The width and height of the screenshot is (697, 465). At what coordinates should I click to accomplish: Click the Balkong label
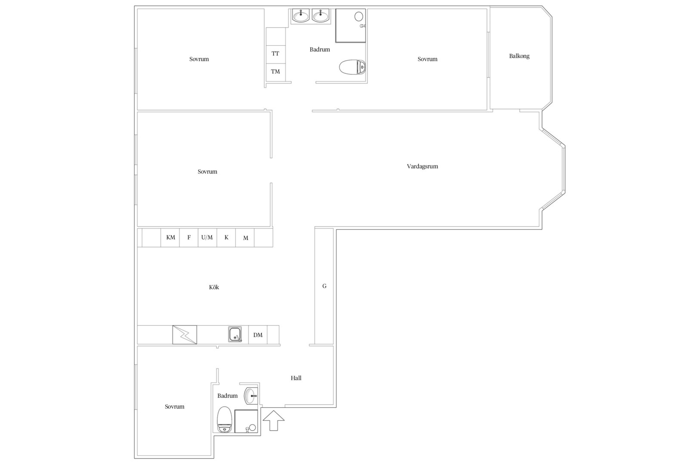pyautogui.click(x=519, y=56)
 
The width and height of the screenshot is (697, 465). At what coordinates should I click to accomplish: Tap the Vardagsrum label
pyautogui.click(x=422, y=166)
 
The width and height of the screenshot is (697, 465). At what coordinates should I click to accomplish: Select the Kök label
pyautogui.click(x=214, y=287)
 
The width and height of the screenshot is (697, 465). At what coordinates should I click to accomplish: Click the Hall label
pyautogui.click(x=296, y=378)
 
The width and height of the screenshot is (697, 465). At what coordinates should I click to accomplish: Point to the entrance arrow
pyautogui.click(x=274, y=421)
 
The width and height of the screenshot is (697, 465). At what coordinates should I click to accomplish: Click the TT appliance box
pyautogui.click(x=276, y=54)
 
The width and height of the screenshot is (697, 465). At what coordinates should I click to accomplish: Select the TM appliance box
pyautogui.click(x=276, y=72)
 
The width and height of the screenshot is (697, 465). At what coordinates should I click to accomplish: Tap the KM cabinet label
pyautogui.click(x=170, y=237)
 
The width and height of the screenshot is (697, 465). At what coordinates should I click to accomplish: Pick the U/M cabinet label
pyautogui.click(x=207, y=237)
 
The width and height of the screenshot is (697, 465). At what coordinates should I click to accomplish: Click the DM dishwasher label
pyautogui.click(x=258, y=335)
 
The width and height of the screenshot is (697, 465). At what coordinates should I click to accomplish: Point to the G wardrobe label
pyautogui.click(x=324, y=286)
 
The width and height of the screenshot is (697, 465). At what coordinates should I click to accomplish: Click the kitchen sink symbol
pyautogui.click(x=235, y=334)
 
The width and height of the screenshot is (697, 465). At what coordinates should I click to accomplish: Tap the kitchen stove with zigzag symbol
pyautogui.click(x=185, y=335)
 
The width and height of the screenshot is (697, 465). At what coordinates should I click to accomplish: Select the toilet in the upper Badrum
pyautogui.click(x=352, y=67)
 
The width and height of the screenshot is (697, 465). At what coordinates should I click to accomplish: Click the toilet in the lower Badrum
pyautogui.click(x=224, y=419)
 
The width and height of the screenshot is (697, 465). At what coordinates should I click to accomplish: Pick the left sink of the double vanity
pyautogui.click(x=301, y=16)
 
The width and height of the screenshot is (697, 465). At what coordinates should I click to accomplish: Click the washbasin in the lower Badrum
pyautogui.click(x=251, y=396)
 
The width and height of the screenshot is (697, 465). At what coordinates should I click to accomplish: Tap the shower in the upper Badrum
pyautogui.click(x=351, y=25)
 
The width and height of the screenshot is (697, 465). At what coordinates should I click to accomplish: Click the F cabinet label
pyautogui.click(x=189, y=237)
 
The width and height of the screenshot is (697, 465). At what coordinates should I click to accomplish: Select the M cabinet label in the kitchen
pyautogui.click(x=246, y=238)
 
